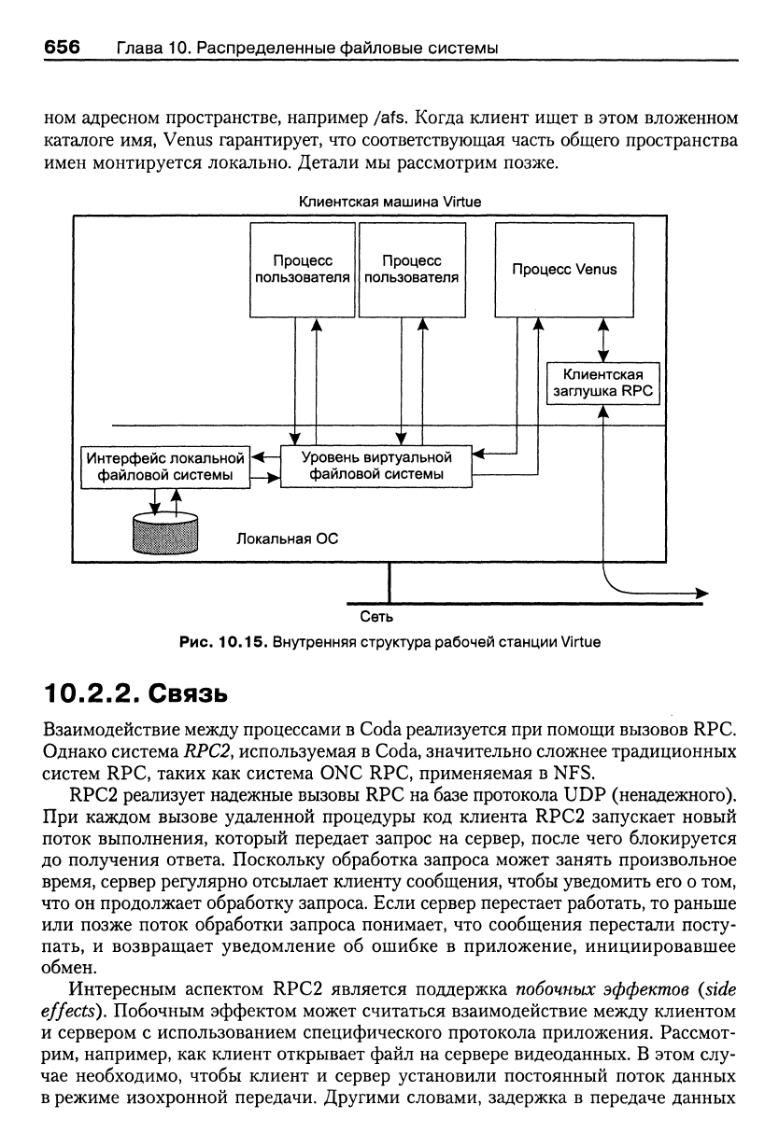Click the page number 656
click(62, 47)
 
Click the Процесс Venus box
click(564, 270)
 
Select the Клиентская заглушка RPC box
click(603, 384)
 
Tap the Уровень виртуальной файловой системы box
click(376, 466)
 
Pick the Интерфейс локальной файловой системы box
click(165, 467)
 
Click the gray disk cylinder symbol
click(165, 534)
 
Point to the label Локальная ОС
click(287, 539)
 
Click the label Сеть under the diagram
click(376, 617)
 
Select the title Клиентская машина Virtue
click(390, 202)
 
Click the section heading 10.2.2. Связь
click(135, 694)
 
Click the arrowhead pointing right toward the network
click(702, 594)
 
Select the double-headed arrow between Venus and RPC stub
click(603, 340)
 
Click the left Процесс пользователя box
click(303, 270)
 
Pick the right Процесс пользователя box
click(412, 270)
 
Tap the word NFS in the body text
click(572, 773)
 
